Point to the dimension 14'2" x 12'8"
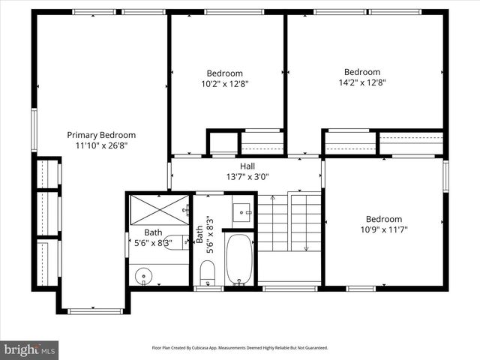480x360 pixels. [x=362, y=84]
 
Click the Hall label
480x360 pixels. [x=247, y=166]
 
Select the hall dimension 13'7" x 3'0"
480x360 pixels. [x=247, y=177]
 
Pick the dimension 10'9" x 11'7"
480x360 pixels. [x=383, y=230]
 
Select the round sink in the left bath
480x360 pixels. [x=144, y=276]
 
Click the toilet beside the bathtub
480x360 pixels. [x=208, y=271]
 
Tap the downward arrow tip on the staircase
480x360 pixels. [x=306, y=248]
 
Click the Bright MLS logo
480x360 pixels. [x=30, y=349]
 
